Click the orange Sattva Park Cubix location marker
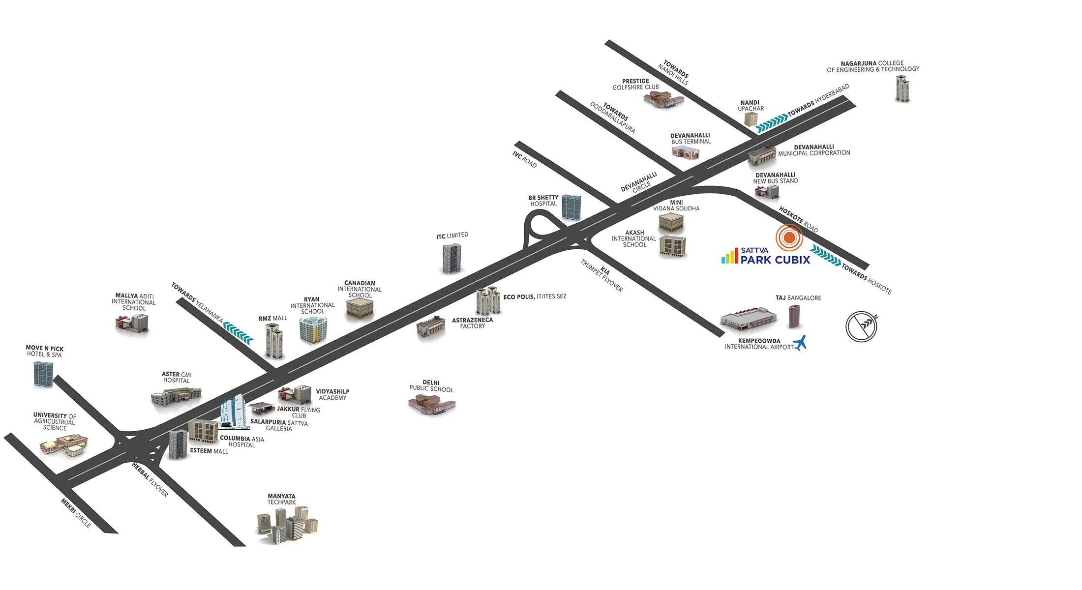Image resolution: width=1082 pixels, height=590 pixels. (789, 237)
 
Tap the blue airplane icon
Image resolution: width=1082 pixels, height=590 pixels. (800, 343)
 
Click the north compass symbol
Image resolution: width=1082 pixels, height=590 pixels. (861, 326)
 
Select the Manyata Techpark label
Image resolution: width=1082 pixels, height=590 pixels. (281, 500)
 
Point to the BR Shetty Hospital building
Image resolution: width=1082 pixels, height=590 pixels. (571, 207)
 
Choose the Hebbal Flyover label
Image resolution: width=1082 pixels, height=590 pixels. (150, 479)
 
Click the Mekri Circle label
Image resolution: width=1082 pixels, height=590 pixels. (76, 513)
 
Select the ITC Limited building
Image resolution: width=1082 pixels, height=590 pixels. (452, 258)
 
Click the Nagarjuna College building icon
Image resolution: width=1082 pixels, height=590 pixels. (902, 88)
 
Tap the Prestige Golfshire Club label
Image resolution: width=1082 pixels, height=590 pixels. (635, 84)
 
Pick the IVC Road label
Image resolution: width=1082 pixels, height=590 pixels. (524, 159)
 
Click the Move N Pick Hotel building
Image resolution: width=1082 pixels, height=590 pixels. (43, 374)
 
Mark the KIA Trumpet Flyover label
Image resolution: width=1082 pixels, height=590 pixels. (602, 276)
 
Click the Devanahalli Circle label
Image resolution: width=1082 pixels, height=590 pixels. (639, 182)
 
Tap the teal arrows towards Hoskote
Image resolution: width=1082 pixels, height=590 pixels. (825, 255)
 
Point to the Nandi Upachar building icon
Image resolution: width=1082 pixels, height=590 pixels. (751, 119)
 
